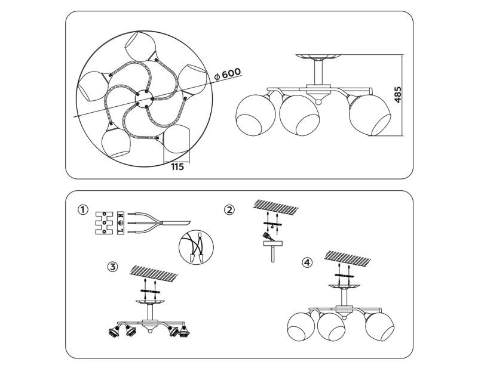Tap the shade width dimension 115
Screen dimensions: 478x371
point(177,167)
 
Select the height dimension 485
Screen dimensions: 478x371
point(397,95)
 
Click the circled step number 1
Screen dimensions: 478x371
point(83,210)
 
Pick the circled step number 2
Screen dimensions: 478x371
point(229,210)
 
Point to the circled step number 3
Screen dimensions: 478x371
point(112,267)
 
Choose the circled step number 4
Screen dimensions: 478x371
point(307,262)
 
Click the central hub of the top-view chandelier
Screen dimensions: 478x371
point(143,98)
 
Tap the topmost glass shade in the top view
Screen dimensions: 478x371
point(140,45)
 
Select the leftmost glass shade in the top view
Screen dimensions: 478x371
point(93,86)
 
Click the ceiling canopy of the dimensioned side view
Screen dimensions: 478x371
point(318,57)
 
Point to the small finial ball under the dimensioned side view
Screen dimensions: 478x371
point(318,102)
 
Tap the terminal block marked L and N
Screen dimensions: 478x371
point(121,223)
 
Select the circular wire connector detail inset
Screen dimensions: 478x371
point(197,247)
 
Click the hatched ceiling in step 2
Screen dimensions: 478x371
point(275,208)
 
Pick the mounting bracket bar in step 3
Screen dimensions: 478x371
point(151,291)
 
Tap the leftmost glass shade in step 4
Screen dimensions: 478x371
point(301,327)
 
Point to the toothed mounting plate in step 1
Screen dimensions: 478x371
point(105,223)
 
